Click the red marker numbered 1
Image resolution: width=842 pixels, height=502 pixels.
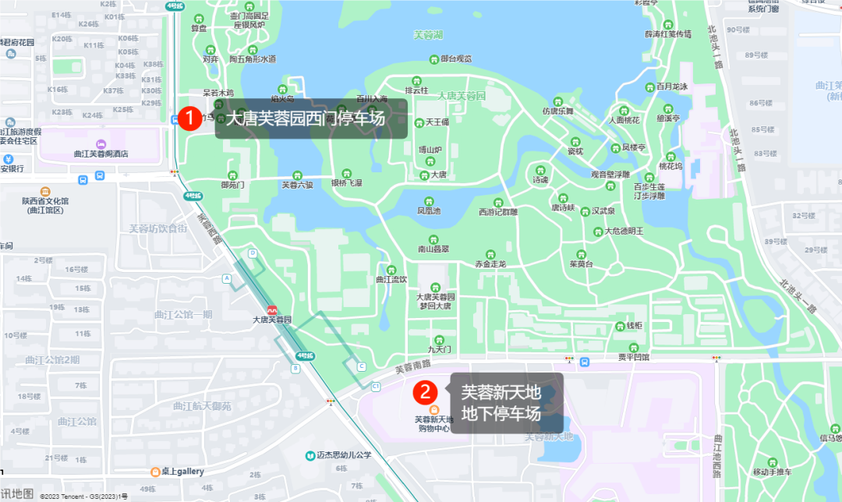pos(189,118)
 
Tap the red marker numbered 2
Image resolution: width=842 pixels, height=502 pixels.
pos(424,392)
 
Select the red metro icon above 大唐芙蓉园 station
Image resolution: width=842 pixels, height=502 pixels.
pos(272,309)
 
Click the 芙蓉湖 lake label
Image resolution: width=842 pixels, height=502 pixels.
pos(428,34)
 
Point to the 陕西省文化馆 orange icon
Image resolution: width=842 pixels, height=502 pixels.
pos(45,192)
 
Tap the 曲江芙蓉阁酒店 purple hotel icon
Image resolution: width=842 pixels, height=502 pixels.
pos(101,144)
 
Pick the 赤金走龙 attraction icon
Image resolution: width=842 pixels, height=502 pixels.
pos(490,254)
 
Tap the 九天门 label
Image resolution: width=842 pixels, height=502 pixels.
pos(440,350)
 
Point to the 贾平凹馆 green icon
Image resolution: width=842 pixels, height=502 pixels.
pos(634,348)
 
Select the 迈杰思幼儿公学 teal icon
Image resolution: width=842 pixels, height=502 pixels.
pos(310,455)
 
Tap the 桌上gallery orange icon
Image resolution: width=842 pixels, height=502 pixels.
pos(156,472)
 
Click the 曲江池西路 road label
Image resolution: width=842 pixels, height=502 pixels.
pos(717,455)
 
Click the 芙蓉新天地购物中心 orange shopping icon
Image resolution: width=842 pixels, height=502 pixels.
pos(434,409)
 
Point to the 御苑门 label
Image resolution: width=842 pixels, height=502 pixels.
pos(232,185)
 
